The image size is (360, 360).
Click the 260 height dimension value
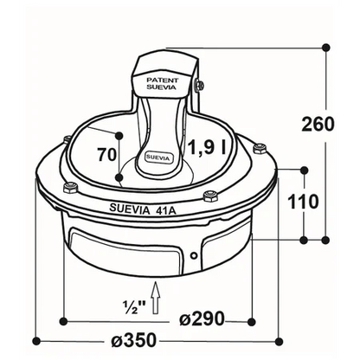[318, 125]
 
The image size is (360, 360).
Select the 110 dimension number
[303, 202]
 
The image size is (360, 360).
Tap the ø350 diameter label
[133, 340]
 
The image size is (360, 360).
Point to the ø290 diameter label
[202, 318]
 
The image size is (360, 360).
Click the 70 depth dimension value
[106, 155]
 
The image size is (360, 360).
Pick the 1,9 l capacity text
[207, 148]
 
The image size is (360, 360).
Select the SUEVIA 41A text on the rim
[143, 209]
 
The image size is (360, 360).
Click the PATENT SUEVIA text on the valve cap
[162, 84]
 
